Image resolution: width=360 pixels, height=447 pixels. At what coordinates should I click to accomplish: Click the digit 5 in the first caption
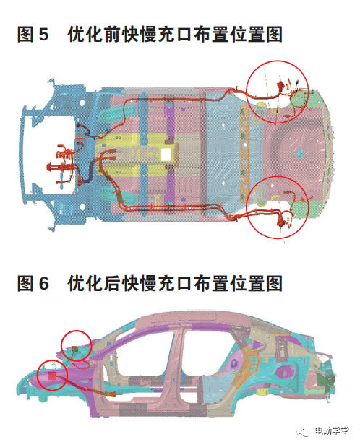coord(43,35)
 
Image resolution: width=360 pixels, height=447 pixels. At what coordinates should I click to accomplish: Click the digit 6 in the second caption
coord(43,283)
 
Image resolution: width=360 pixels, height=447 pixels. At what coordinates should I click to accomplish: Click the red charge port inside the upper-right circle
coord(280,85)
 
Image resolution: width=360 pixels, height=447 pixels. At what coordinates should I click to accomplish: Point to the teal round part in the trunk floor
coord(300,154)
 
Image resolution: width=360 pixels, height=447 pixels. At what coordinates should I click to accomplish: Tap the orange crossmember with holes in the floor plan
coord(244,154)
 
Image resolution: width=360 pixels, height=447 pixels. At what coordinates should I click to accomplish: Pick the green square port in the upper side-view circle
coord(75,348)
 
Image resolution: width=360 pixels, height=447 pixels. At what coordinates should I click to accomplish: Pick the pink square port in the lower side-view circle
coord(52,376)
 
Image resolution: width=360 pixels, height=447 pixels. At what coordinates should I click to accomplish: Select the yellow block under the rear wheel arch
coord(261,392)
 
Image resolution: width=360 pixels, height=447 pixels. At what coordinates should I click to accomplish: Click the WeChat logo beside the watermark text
coord(303,430)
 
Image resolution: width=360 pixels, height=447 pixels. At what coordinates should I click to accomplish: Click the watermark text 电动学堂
coord(332,430)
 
